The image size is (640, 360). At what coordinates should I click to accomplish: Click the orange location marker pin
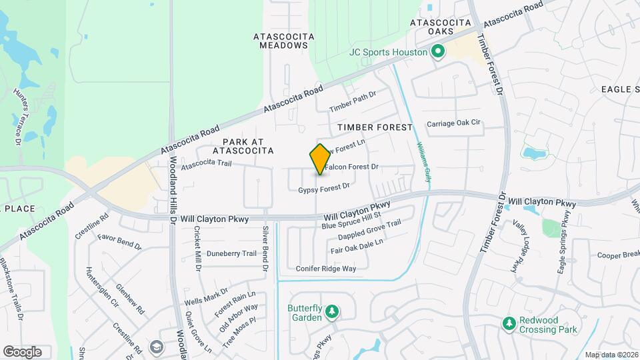pyautogui.click(x=320, y=159)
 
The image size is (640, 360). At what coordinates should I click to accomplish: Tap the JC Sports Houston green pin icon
pyautogui.click(x=438, y=51)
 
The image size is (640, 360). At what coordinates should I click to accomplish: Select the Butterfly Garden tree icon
pyautogui.click(x=332, y=311)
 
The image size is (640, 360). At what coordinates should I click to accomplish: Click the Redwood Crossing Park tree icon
pyautogui.click(x=509, y=323)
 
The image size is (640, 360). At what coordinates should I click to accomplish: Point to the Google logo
pyautogui.click(x=22, y=351)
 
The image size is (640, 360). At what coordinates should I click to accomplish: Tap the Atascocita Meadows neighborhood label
pyautogui.click(x=281, y=40)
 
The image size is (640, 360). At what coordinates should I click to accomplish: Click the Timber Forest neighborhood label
pyautogui.click(x=375, y=127)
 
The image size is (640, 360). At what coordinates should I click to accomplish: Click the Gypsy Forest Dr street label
pyautogui.click(x=324, y=189)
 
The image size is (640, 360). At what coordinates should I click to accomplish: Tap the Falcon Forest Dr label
pyautogui.click(x=353, y=167)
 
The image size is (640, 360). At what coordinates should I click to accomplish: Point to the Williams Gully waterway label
pyautogui.click(x=423, y=162)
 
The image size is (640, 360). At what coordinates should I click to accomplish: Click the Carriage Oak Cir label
pyautogui.click(x=453, y=123)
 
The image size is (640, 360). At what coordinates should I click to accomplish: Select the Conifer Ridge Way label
pyautogui.click(x=326, y=269)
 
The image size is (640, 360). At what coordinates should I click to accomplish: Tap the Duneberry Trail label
pyautogui.click(x=231, y=253)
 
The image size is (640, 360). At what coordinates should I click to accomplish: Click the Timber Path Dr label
pyautogui.click(x=353, y=101)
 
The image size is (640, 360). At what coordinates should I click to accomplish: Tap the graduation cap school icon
pyautogui.click(x=156, y=347)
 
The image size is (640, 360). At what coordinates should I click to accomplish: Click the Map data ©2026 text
pyautogui.click(x=611, y=355)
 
